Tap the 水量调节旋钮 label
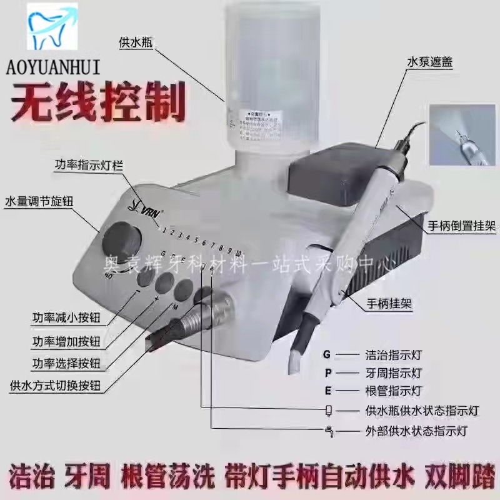coord(39,202)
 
